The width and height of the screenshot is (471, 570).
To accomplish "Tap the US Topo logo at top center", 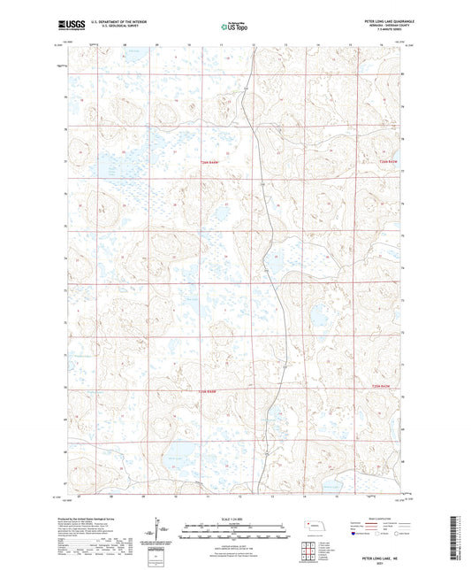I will (232, 27).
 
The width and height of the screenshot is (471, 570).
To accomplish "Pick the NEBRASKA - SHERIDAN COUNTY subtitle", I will (381, 26).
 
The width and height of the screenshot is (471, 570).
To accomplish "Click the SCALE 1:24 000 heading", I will (234, 518).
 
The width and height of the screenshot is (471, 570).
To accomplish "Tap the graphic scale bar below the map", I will (234, 531).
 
